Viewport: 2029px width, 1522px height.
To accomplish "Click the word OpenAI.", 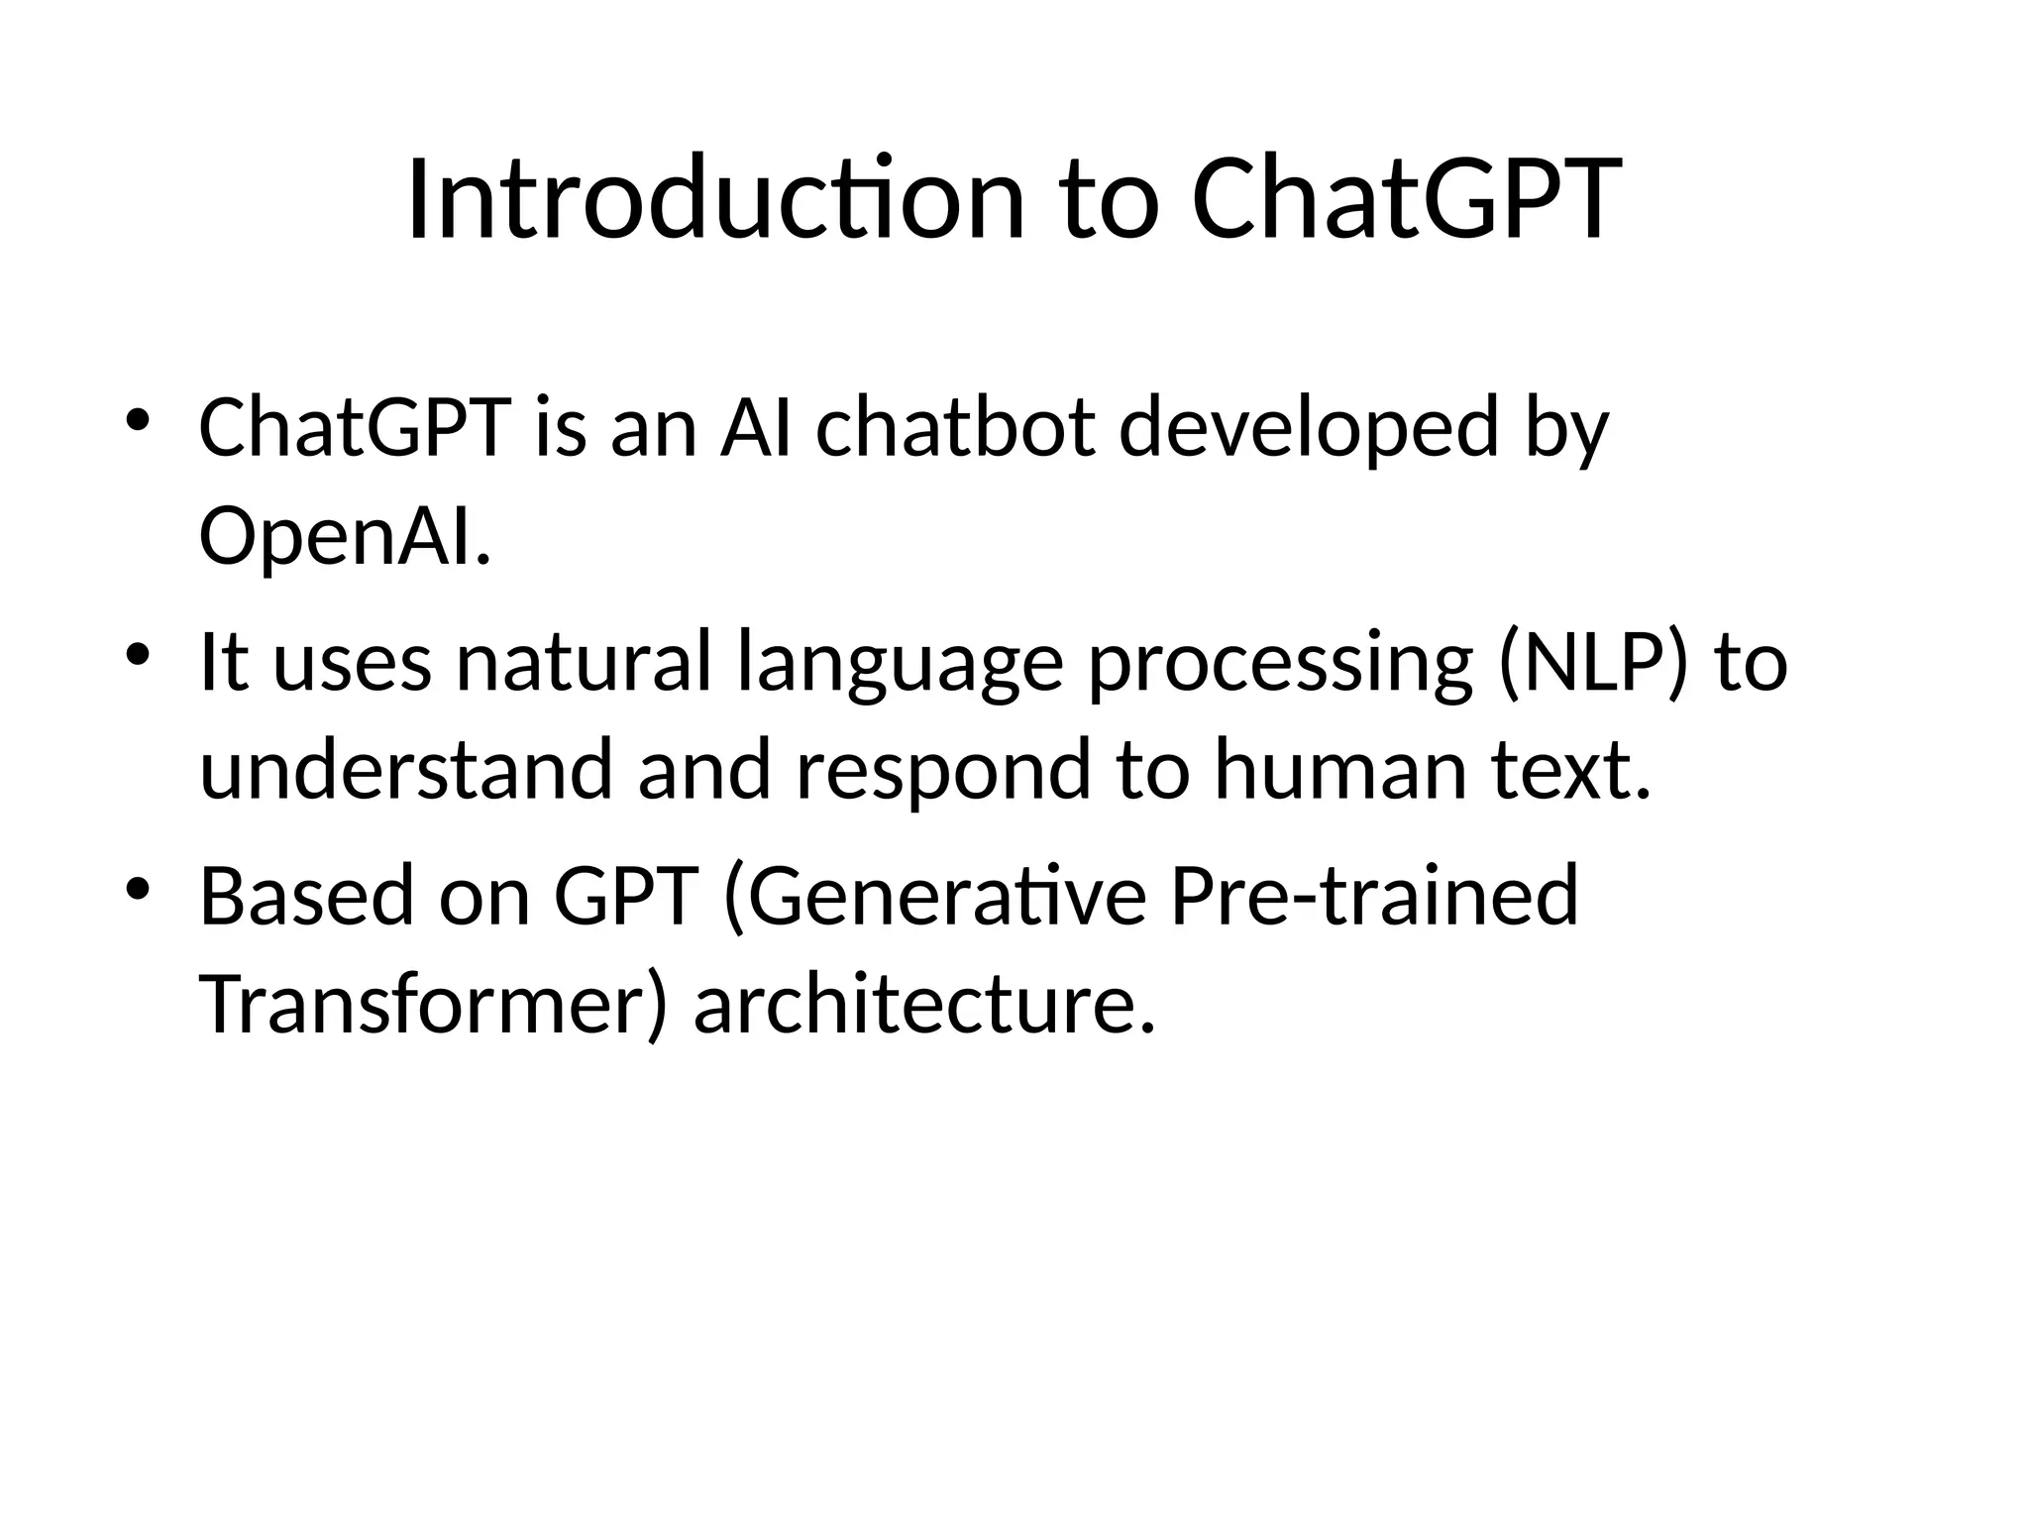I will [x=345, y=536].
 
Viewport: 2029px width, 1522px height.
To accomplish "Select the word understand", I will [x=405, y=770].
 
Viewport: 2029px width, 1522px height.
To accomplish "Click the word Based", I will [x=305, y=896].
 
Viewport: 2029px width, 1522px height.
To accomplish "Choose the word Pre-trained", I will [x=1373, y=896].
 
